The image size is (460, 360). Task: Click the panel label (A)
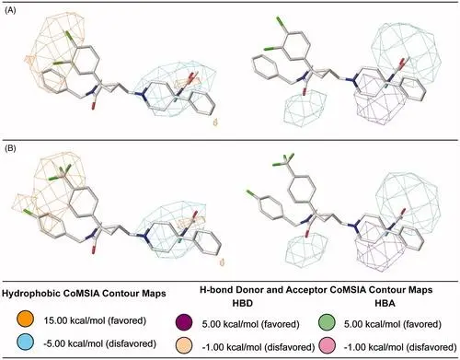[x=10, y=10]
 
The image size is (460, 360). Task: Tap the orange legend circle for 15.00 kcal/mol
[x=25, y=320]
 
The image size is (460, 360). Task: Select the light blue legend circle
[x=25, y=343]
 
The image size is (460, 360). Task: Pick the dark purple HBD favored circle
[x=184, y=323]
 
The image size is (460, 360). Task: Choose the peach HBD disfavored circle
[x=184, y=346]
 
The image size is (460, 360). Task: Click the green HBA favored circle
[x=327, y=323]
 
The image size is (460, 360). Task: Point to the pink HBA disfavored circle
[x=327, y=346]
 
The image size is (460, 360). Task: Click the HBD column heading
[x=242, y=304]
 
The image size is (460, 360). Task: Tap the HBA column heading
[x=385, y=304]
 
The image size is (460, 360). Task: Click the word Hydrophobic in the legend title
[x=27, y=294]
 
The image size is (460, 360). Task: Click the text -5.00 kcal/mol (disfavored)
[x=99, y=343]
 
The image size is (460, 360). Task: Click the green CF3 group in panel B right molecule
[x=284, y=160]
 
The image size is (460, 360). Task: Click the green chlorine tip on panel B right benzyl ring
[x=251, y=192]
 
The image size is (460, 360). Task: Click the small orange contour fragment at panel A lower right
[x=215, y=122]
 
